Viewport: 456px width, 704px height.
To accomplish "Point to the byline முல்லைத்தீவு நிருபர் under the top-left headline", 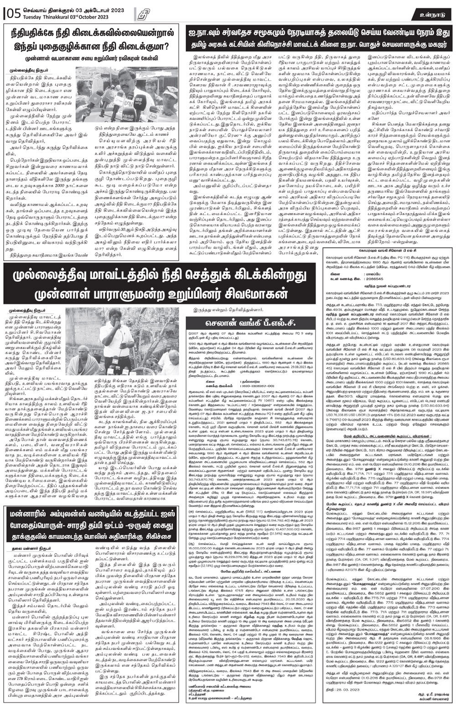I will click(x=26, y=71).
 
